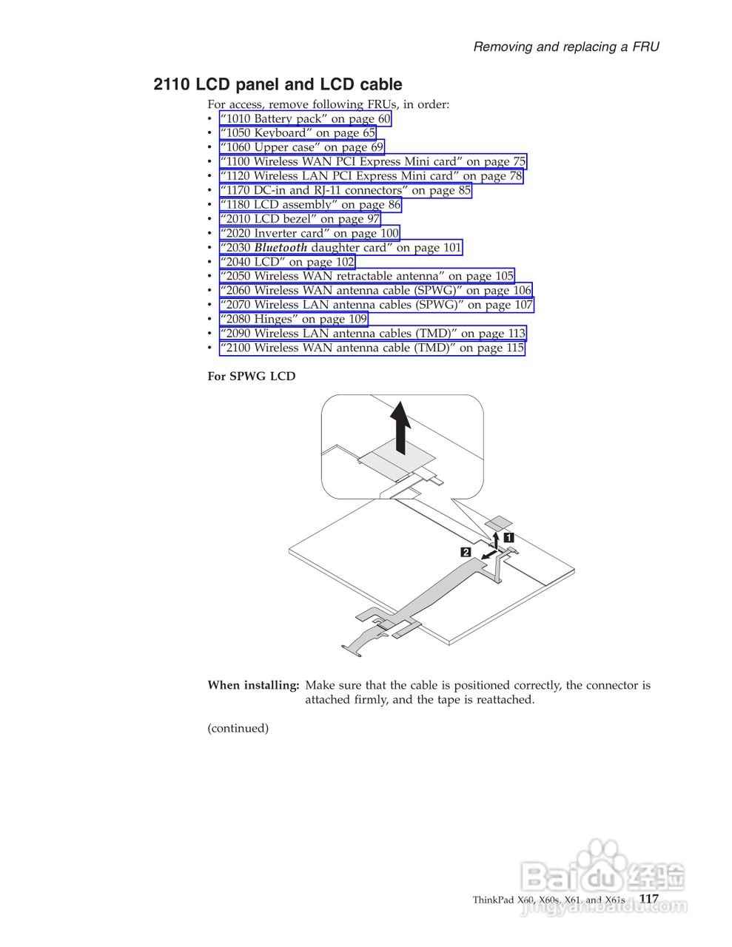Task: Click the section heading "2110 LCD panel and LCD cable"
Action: click(278, 84)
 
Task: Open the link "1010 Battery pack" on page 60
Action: click(305, 118)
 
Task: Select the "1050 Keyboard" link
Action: click(298, 133)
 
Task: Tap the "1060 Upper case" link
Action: click(302, 147)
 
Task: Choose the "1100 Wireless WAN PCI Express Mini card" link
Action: click(372, 161)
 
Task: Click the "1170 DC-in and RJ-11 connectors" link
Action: click(345, 190)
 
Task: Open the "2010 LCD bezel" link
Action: click(300, 219)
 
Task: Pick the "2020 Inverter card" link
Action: click(309, 233)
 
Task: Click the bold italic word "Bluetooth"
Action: click(281, 248)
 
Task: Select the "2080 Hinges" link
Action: click(293, 319)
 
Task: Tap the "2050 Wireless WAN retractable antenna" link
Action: click(366, 276)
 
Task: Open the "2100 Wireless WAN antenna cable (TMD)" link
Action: click(372, 348)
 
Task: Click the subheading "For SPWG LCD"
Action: click(251, 376)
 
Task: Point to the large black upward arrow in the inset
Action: click(400, 428)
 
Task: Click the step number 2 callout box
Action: click(466, 552)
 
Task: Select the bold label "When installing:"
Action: click(253, 685)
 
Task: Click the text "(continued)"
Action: click(238, 728)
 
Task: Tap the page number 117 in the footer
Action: click(648, 898)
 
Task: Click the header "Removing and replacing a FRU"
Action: click(565, 47)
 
